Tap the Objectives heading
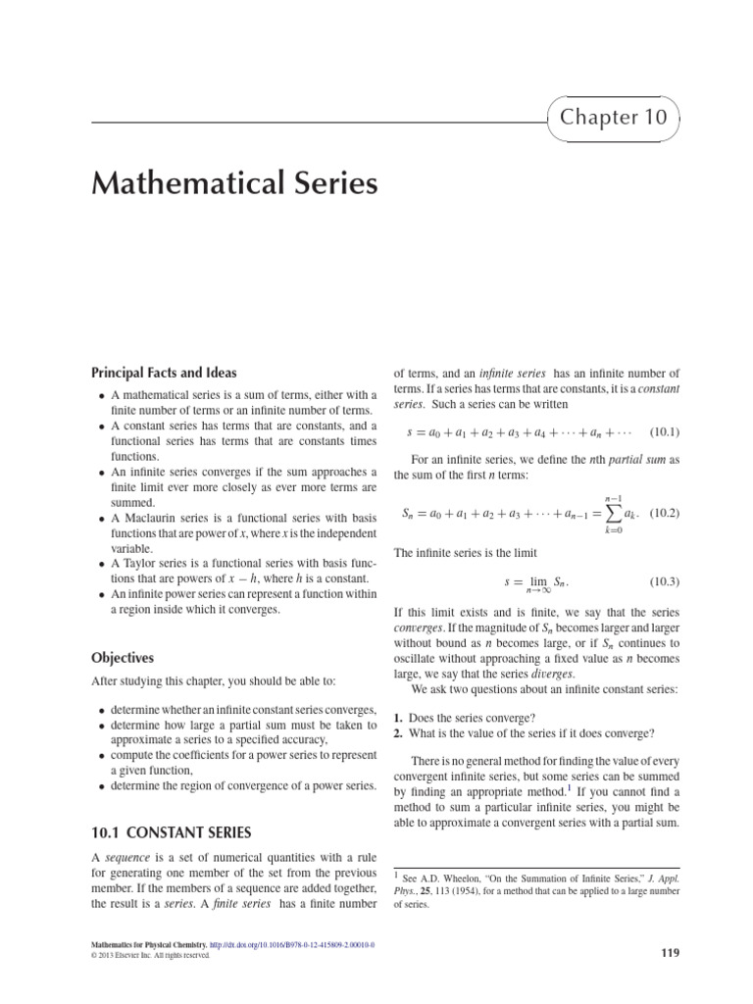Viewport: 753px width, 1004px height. click(123, 658)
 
